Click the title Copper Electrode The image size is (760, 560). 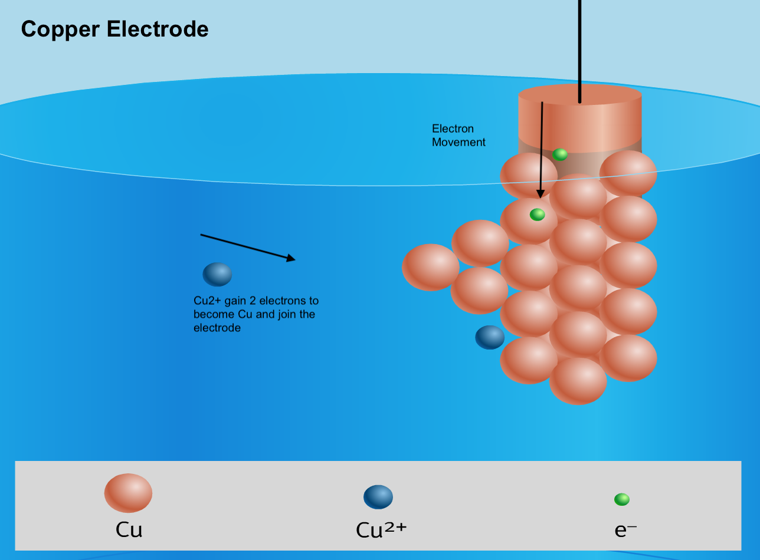pos(114,29)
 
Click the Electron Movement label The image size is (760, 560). pos(458,136)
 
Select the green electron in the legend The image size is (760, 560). pos(622,499)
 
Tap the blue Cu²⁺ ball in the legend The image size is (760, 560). pos(378,497)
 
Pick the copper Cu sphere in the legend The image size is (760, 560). pos(128,493)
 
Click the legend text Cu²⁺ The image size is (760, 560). pos(381,531)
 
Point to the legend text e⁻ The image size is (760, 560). pos(625,531)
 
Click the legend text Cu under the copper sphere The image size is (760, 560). pos(129,531)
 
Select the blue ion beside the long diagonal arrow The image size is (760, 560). pos(217,274)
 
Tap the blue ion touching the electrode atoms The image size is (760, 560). pos(490,337)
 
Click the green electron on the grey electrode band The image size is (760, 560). pos(560,154)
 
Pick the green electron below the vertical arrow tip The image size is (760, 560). pos(537,215)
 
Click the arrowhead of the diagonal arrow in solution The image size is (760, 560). pos(291,258)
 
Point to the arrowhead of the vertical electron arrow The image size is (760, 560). pos(540,194)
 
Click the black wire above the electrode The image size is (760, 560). pos(579,47)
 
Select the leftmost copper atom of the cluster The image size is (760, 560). pos(431,267)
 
